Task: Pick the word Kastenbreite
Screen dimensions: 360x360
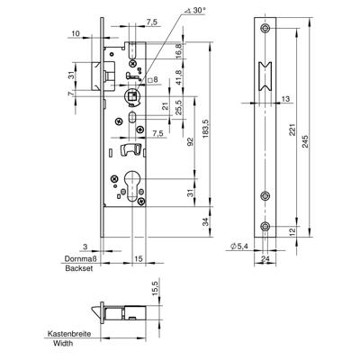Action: click(x=74, y=333)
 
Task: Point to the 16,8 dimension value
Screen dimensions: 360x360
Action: click(x=179, y=52)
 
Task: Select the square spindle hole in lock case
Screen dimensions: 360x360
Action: click(x=130, y=94)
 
